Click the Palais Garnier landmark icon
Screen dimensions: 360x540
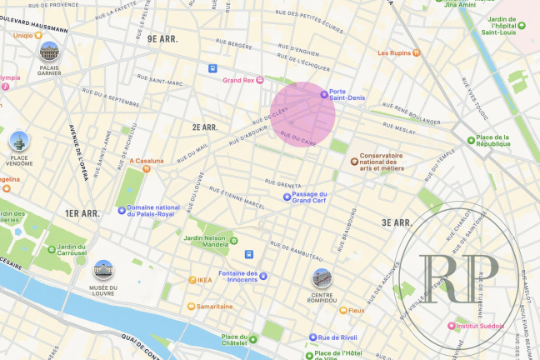pos(48,52)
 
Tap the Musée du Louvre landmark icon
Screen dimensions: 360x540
pos(103,270)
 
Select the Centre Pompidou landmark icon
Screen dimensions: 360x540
pos(321,277)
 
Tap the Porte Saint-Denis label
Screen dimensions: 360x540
pos(348,95)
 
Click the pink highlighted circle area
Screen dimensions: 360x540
pos(306,113)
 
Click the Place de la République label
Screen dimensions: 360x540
pos(500,142)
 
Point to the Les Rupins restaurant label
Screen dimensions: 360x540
pos(394,53)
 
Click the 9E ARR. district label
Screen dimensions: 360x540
pos(163,38)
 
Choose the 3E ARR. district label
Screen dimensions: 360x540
pos(396,222)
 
